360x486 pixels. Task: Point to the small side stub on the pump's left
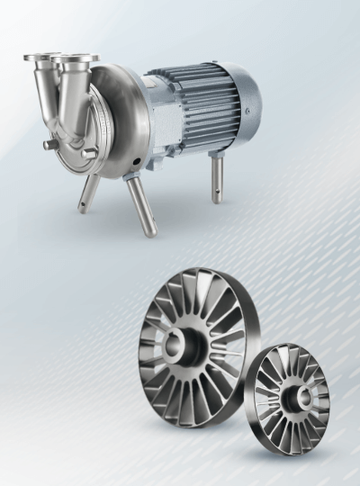pyautogui.click(x=49, y=143)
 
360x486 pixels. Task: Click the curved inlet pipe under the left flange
pyautogui.click(x=45, y=99)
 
